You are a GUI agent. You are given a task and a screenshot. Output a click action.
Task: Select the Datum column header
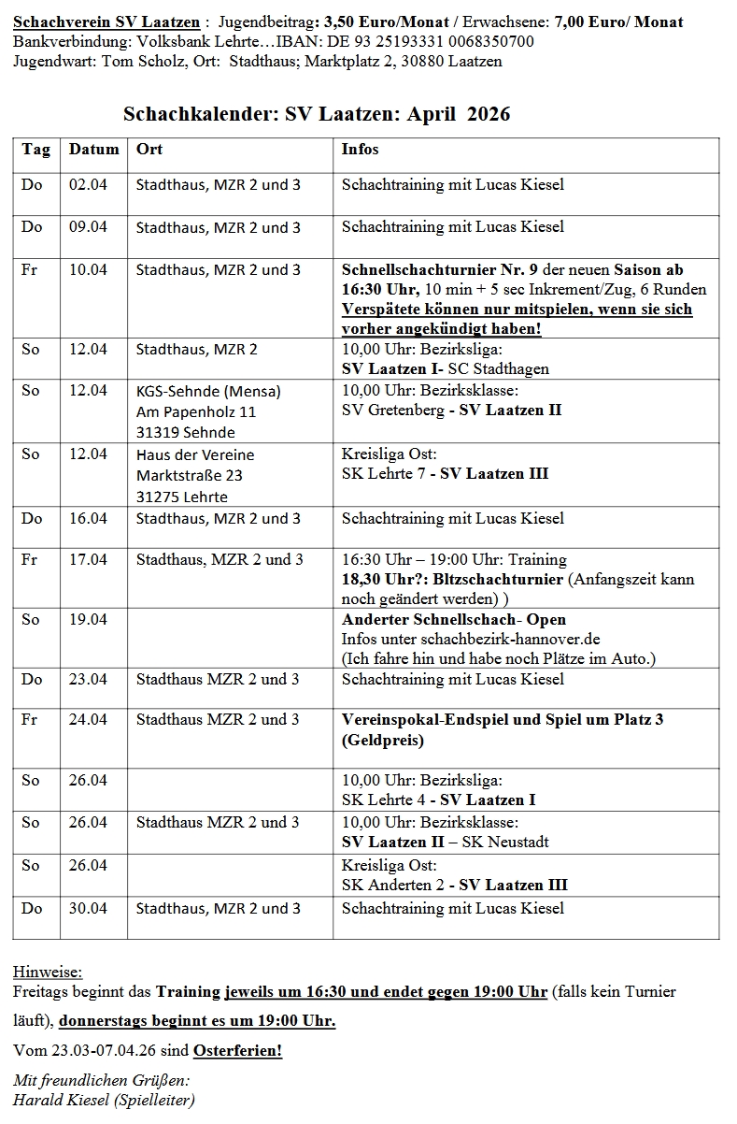pos(94,150)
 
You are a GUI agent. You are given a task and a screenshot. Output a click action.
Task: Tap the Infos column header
pos(361,150)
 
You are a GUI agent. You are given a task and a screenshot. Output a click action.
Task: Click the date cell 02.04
pos(89,185)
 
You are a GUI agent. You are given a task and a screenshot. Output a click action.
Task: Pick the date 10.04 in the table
pos(89,270)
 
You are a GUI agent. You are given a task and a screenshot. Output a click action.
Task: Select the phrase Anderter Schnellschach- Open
pos(454,620)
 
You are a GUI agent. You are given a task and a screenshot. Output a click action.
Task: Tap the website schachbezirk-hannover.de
pos(510,640)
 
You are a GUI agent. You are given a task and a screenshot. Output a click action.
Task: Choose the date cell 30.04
pos(89,909)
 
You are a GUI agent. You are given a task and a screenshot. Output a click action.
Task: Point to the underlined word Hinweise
pos(48,973)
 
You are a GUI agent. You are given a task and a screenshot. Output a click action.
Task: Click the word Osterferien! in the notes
pos(237,1051)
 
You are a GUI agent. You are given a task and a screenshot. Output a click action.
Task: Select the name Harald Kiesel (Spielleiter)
pos(104,1101)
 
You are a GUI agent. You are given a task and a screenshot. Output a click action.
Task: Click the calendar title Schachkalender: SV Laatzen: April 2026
pos(317,114)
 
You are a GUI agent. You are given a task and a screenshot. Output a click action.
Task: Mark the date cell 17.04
pos(89,560)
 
